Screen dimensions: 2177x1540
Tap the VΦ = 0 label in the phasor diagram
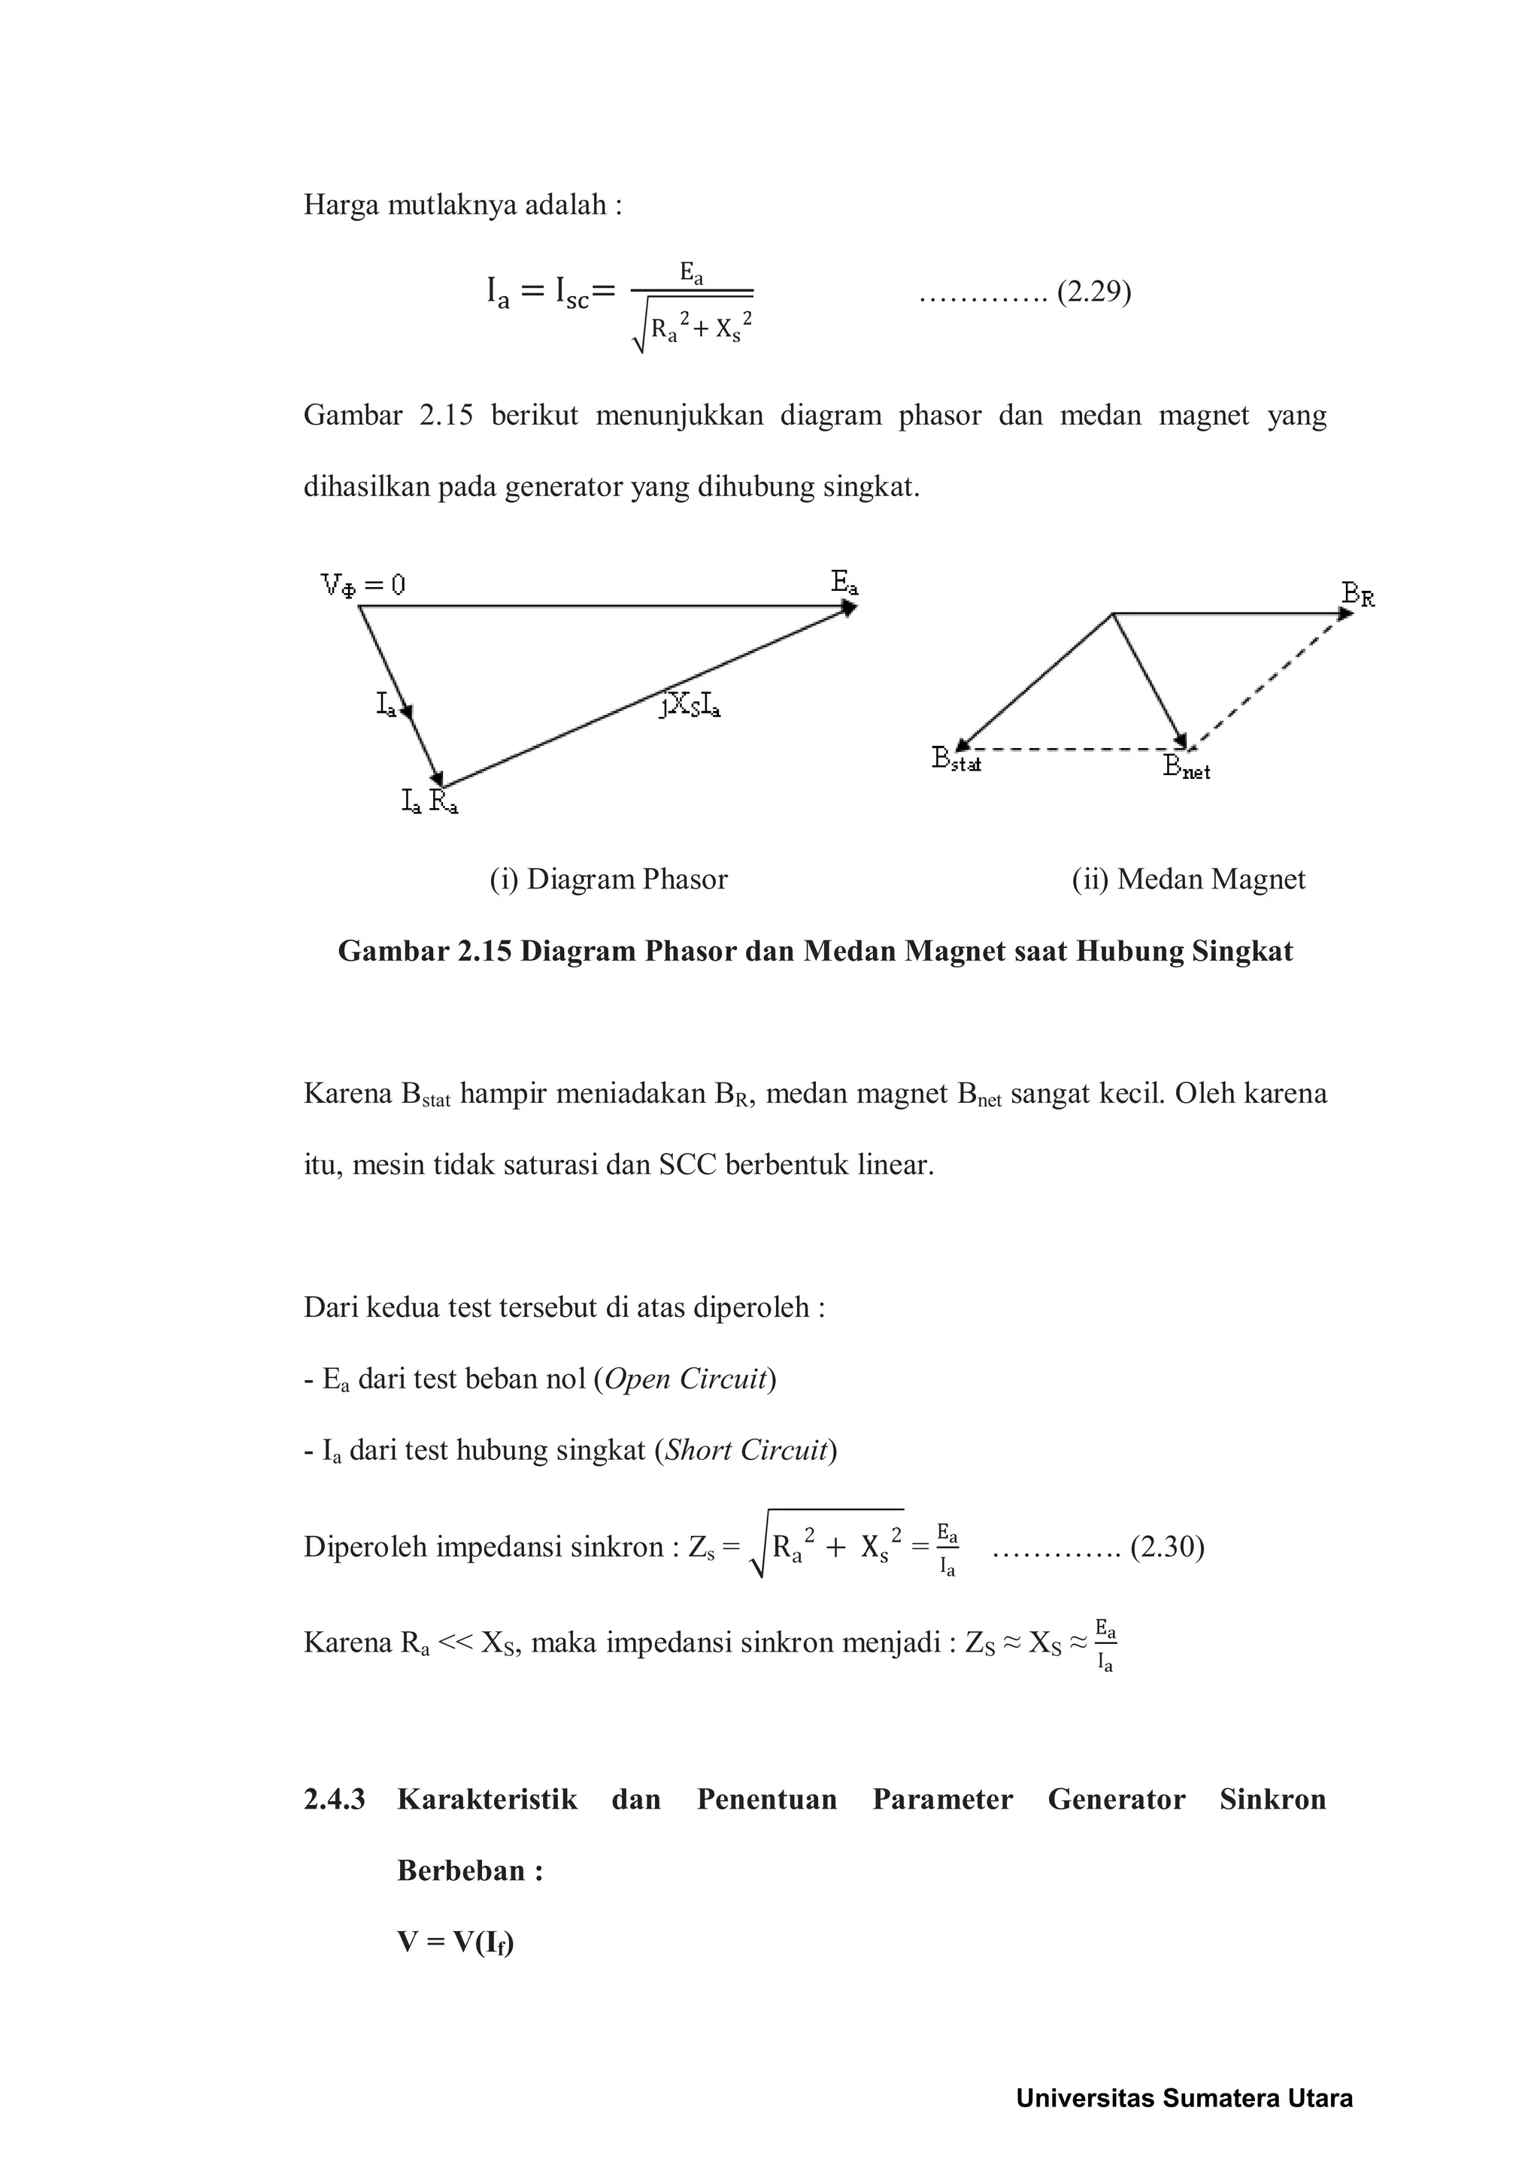(363, 585)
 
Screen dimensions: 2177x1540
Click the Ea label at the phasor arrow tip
(844, 582)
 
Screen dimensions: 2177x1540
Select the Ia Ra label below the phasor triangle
(429, 802)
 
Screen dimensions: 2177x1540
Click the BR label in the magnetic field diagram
(1358, 595)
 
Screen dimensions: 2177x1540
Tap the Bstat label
(956, 759)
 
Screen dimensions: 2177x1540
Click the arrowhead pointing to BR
(1345, 614)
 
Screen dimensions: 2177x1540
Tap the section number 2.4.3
(334, 1799)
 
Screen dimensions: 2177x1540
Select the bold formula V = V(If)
(454, 1942)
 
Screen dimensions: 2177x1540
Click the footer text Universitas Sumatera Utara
(1184, 2098)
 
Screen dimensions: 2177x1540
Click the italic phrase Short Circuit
(746, 1450)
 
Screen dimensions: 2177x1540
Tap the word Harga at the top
(341, 204)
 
